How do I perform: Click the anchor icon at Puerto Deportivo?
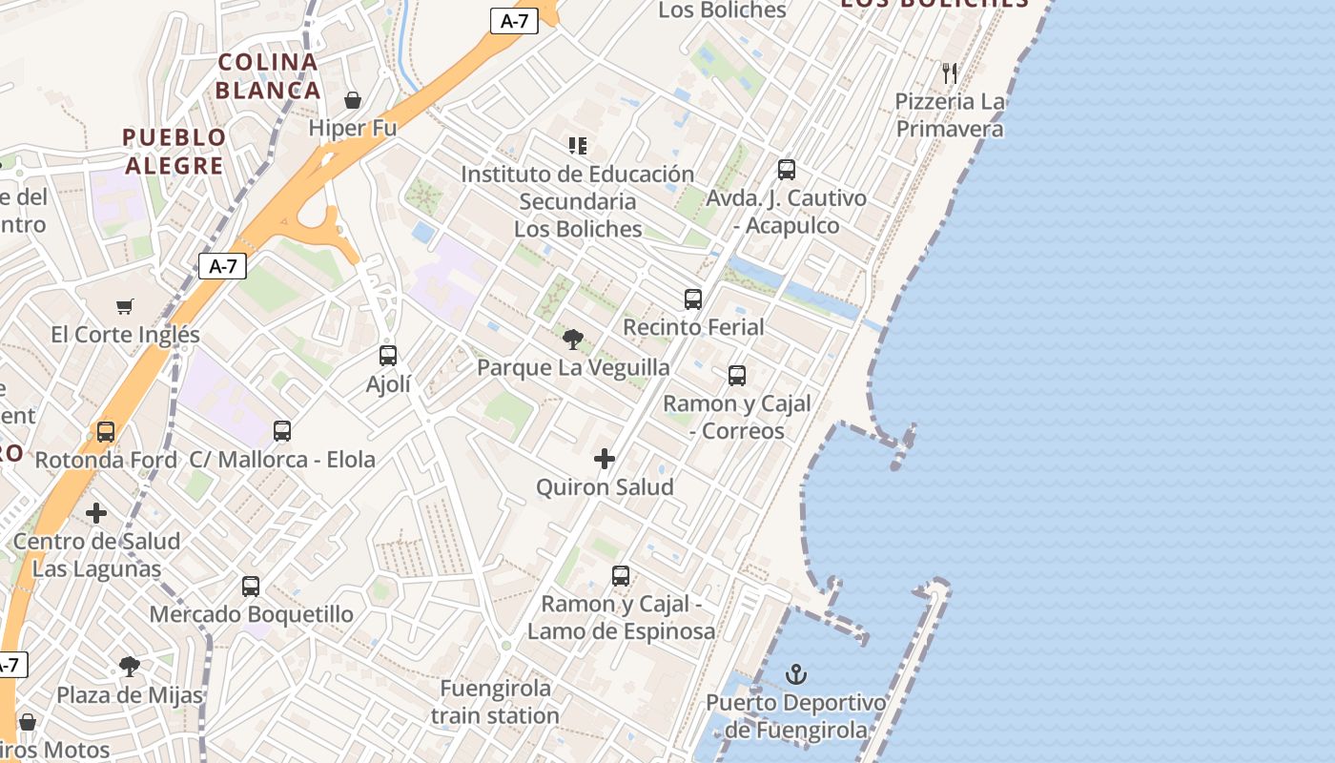pos(795,675)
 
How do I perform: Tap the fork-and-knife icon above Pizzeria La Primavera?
pos(949,72)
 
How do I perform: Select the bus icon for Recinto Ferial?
pos(693,299)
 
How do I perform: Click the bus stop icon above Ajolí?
pos(388,356)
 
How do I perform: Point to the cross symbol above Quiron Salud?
pos(605,460)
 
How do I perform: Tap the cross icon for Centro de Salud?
pos(96,514)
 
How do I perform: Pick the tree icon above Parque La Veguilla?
pos(573,340)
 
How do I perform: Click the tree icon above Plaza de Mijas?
pos(130,667)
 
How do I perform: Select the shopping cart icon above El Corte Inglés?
pos(125,306)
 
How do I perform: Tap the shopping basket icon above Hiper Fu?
pos(353,100)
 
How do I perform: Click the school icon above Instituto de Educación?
pos(577,146)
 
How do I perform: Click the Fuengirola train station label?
pos(495,702)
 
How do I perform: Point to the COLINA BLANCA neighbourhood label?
pos(268,76)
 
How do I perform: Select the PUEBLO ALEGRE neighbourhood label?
pos(175,152)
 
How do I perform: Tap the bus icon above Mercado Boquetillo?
pos(251,587)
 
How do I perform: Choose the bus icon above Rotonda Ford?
pos(106,432)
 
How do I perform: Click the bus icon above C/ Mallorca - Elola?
pos(282,431)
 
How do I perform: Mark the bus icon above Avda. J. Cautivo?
pos(787,170)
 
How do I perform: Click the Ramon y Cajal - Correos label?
pos(737,417)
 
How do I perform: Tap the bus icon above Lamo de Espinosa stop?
pos(621,576)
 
